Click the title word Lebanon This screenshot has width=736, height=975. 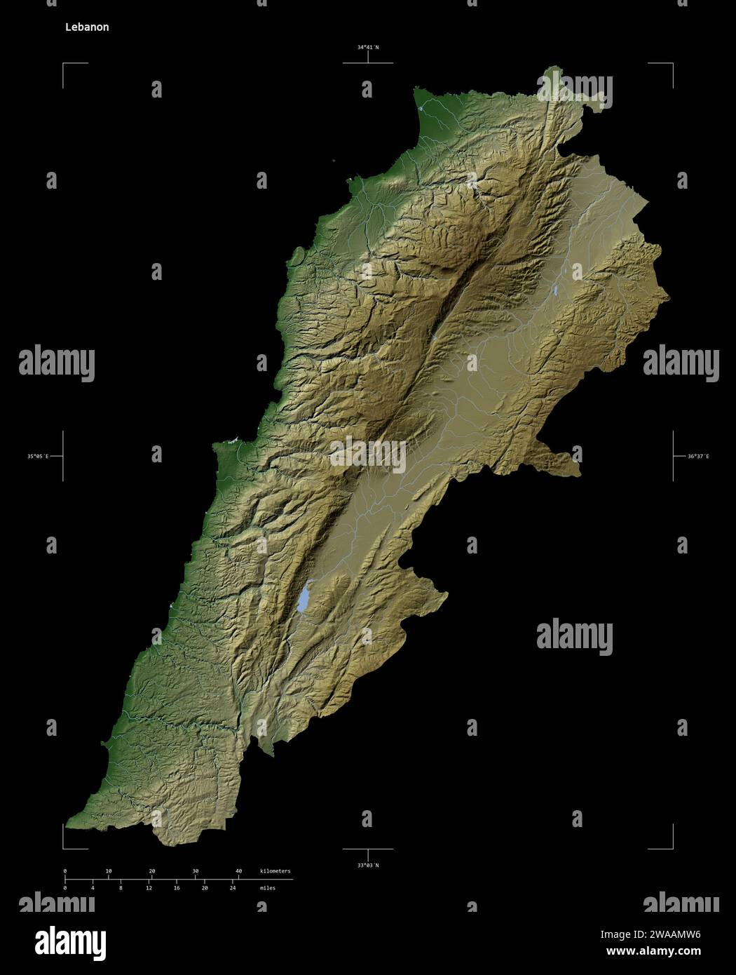[x=87, y=27]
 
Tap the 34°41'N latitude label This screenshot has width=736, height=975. [x=367, y=47]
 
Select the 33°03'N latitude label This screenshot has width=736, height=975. [x=367, y=865]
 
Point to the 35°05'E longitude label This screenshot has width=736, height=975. [x=38, y=457]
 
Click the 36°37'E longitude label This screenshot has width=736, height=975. [x=697, y=457]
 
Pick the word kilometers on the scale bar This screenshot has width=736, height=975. [x=275, y=870]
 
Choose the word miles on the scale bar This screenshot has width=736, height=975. [x=267, y=887]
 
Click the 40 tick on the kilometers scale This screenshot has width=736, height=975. [x=239, y=871]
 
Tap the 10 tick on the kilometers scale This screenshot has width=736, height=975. [x=109, y=871]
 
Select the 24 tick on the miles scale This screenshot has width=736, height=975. [x=233, y=887]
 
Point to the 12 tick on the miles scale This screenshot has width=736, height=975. [x=149, y=887]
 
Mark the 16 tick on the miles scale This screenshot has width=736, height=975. [x=177, y=887]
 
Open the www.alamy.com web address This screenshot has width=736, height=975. [x=653, y=952]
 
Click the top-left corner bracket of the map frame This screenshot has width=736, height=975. [x=64, y=64]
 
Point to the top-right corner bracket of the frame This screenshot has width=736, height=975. [x=672, y=64]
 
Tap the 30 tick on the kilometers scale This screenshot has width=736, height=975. [x=196, y=871]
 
